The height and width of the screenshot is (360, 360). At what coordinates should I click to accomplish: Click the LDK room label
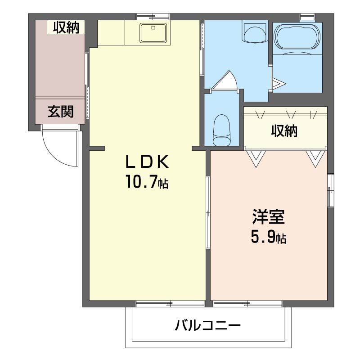(x=147, y=161)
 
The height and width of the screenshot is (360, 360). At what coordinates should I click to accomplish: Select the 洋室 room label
(x=269, y=218)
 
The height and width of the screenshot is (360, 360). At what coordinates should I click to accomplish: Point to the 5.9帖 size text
(x=269, y=238)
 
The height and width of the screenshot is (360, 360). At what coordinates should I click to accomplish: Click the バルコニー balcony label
(x=208, y=325)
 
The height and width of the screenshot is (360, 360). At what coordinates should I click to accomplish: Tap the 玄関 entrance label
(x=61, y=112)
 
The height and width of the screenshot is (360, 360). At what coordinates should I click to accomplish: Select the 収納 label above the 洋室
(x=284, y=131)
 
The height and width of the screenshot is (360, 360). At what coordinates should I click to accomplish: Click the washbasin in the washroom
(x=255, y=31)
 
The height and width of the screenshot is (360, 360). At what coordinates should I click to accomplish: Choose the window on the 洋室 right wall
(x=331, y=190)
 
